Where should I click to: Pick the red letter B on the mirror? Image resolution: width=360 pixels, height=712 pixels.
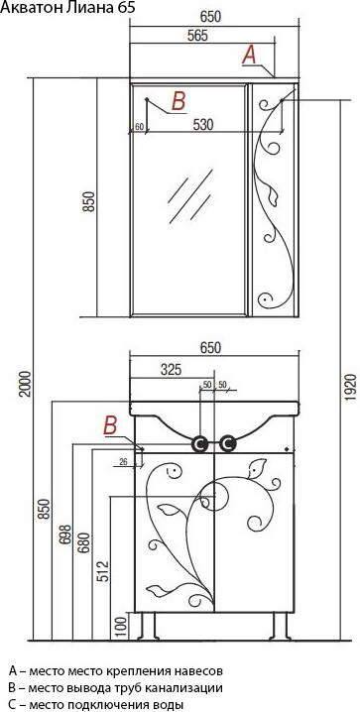click(178, 99)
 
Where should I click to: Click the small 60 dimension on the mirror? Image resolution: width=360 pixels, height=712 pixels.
click(140, 126)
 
